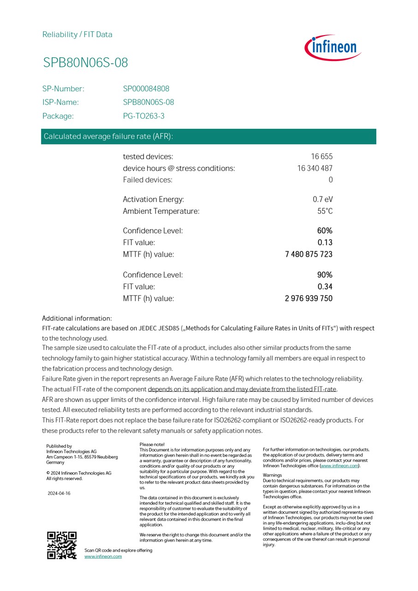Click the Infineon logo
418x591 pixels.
click(333, 48)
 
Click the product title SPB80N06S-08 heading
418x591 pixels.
click(85, 63)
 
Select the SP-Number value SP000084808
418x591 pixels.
click(146, 89)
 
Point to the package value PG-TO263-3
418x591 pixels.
click(143, 116)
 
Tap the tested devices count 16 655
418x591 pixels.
click(322, 157)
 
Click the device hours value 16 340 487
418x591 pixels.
click(315, 168)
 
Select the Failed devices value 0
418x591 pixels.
click(330, 180)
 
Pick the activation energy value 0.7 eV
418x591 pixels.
click(322, 199)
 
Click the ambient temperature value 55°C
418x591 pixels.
click(325, 211)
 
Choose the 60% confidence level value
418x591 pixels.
click(325, 230)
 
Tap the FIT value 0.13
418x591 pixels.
click(325, 242)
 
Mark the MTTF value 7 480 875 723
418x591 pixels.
click(309, 254)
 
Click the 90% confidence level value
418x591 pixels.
click(325, 275)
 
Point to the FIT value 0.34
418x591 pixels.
click(325, 286)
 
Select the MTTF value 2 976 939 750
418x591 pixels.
click(309, 298)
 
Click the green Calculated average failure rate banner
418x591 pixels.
click(209, 136)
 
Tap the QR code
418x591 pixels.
click(62, 545)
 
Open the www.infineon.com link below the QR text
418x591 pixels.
click(103, 556)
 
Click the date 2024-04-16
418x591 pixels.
click(59, 493)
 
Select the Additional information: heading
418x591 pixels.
click(77, 318)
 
